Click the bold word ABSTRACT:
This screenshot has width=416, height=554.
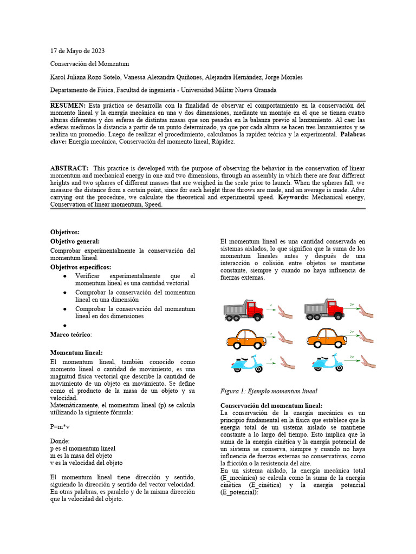point(70,168)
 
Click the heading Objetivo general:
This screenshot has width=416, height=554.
point(75,241)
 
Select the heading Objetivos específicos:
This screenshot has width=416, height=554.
point(81,267)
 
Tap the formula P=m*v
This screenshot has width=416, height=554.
point(60,426)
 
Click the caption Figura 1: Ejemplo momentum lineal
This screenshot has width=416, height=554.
point(269,391)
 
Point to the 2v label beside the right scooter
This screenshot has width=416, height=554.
point(352,357)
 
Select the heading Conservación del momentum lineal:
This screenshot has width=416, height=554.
point(271,405)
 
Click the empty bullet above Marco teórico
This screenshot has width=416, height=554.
point(64,326)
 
